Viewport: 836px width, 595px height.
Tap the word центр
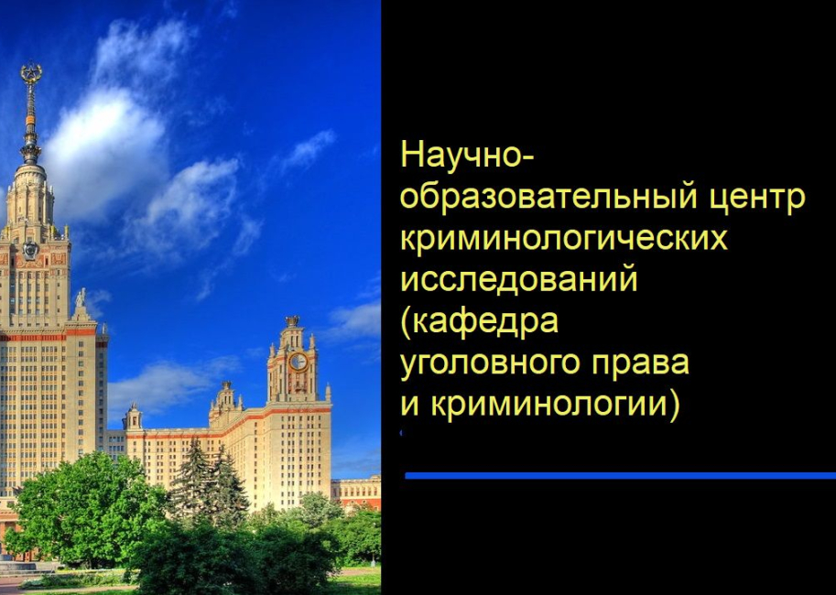756,197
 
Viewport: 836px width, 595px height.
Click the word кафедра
485,322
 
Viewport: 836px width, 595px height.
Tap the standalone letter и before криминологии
409,405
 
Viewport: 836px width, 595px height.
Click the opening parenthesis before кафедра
406,322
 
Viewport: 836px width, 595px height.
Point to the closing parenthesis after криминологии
674,405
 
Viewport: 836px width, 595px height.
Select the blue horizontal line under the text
620,475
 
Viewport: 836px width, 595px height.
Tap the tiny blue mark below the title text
401,433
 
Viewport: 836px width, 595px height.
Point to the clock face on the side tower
299,362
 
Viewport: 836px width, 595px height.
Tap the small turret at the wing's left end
134,417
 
